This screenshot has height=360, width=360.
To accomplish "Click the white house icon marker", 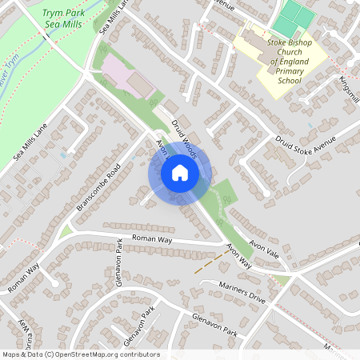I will point(180,173).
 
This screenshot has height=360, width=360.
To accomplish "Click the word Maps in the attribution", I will point(11,354).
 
